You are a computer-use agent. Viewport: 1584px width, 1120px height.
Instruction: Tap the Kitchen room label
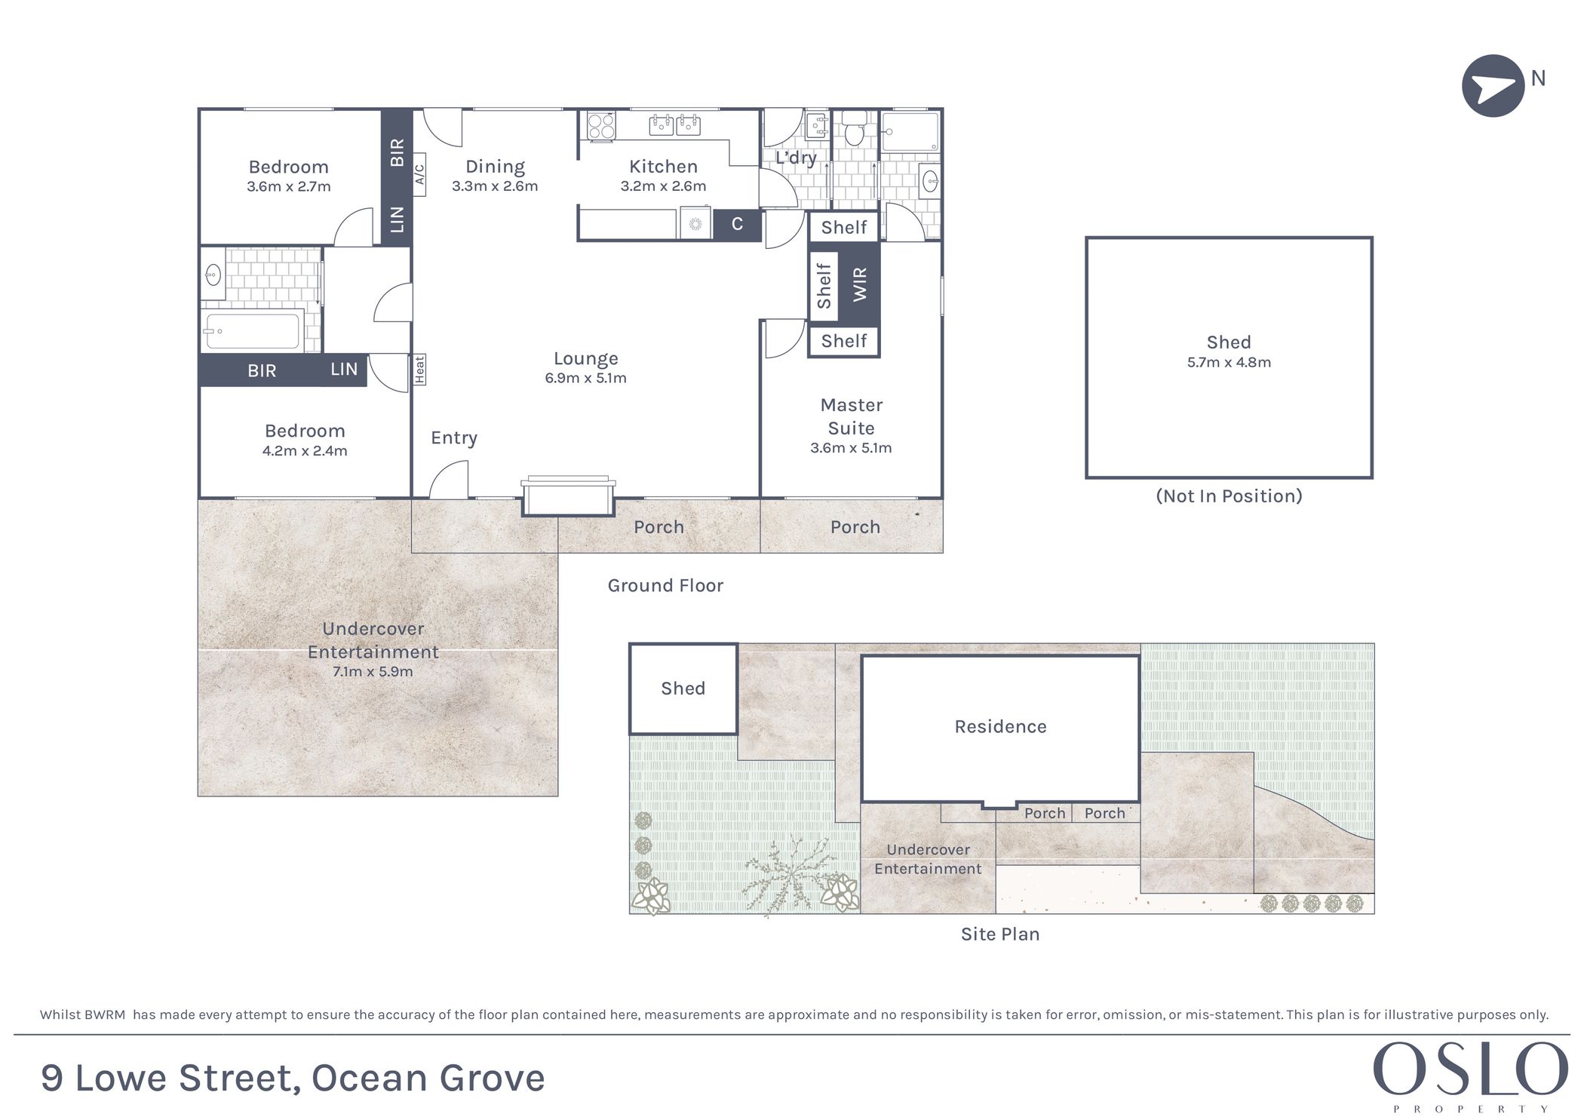tap(663, 167)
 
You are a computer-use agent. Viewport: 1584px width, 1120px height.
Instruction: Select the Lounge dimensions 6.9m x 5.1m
tap(585, 378)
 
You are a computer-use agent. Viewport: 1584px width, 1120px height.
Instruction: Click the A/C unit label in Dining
tap(419, 174)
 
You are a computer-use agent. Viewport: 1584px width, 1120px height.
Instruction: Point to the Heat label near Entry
tap(419, 370)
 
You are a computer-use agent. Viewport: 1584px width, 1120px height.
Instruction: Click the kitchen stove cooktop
tap(601, 125)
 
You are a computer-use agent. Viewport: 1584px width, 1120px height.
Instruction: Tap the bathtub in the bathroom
tap(253, 331)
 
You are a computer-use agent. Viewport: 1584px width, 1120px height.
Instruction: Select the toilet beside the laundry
tap(854, 129)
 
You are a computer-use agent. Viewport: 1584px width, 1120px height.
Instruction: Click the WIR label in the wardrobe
tap(860, 284)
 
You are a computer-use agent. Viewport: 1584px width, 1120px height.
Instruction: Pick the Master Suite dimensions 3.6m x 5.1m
tap(851, 448)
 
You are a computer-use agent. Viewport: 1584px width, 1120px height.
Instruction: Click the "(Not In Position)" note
tap(1229, 496)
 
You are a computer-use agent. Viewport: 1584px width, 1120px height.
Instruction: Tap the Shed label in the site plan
tap(683, 689)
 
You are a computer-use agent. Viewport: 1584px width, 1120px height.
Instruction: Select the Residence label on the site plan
tap(1000, 726)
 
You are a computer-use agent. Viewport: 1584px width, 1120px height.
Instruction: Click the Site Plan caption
tap(1000, 934)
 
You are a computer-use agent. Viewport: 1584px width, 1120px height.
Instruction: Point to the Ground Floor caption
tap(665, 585)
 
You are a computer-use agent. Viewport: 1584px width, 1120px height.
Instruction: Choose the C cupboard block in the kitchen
tap(737, 224)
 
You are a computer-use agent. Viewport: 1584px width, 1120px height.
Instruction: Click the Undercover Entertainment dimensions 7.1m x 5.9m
tap(373, 671)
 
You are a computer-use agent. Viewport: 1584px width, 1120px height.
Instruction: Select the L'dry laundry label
tap(796, 158)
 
